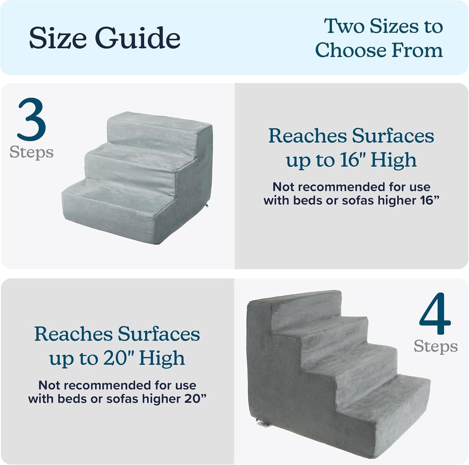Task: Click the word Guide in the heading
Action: point(138,38)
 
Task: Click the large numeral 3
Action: point(31,120)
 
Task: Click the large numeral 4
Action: point(435,314)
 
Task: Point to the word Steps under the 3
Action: point(31,152)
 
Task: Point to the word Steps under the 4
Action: point(435,346)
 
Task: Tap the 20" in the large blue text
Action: point(116,358)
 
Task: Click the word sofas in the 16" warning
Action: point(358,201)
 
